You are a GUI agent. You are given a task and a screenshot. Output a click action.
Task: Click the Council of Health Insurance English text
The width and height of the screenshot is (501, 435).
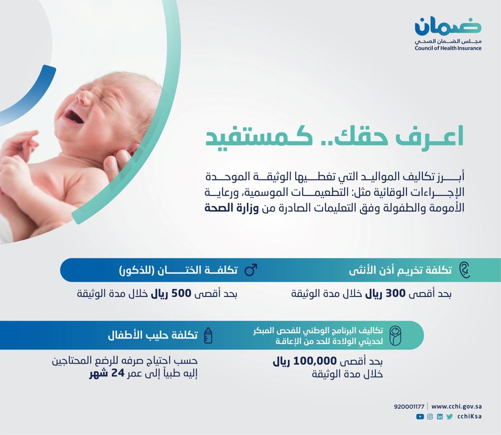pos(448,48)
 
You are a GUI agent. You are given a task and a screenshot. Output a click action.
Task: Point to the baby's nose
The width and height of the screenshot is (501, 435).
pos(83,98)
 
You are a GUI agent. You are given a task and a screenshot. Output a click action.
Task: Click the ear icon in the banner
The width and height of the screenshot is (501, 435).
pos(465,270)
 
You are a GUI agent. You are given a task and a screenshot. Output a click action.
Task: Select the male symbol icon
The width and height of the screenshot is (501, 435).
pos(251,269)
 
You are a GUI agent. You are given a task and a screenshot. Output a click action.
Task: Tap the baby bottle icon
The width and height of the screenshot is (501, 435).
pos(208,335)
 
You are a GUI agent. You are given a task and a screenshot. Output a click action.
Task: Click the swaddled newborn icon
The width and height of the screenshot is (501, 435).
pos(396,335)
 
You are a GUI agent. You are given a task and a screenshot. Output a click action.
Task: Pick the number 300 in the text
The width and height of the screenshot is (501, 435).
pos(396,293)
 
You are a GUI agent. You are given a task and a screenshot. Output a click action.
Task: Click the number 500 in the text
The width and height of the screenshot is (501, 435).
pos(181,293)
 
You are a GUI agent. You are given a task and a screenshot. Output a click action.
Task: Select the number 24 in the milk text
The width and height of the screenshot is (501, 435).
pos(118,373)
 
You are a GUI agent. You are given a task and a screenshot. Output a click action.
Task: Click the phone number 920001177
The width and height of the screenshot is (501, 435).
pos(409,407)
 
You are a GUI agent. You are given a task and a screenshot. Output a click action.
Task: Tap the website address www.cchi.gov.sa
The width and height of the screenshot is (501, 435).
pos(456,407)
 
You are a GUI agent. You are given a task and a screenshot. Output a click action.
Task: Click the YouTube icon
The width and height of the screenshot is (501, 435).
pos(420,416)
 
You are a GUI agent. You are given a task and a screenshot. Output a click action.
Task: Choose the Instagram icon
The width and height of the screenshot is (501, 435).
pos(430,416)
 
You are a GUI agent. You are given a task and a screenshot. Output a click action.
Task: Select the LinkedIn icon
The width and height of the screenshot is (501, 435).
pos(440,416)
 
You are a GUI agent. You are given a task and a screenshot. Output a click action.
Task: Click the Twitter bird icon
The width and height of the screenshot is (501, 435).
pos(449,416)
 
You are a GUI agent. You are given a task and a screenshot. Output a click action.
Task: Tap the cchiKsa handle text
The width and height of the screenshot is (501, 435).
pos(470,416)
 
